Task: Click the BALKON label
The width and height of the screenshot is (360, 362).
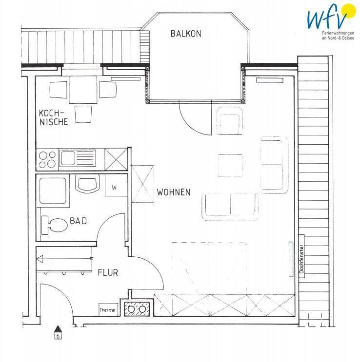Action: [186, 34]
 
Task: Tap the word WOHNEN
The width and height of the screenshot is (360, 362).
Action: [174, 192]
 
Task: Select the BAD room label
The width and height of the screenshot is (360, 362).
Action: [79, 221]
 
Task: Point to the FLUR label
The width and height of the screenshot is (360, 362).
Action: [108, 273]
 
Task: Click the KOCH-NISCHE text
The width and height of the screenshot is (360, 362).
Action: [53, 117]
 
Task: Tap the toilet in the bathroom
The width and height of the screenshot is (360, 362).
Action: [54, 225]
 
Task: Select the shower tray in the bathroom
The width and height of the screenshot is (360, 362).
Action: [53, 191]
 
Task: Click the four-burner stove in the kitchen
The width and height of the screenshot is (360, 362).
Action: [47, 160]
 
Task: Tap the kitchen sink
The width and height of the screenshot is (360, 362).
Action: [78, 158]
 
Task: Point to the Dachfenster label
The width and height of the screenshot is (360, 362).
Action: [301, 259]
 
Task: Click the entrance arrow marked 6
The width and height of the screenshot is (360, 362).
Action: [58, 332]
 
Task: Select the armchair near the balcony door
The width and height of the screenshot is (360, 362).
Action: [230, 121]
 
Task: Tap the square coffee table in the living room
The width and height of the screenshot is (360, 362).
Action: [230, 165]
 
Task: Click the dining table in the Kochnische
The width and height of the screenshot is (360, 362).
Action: [83, 90]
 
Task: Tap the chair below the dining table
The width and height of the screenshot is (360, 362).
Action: [83, 114]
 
